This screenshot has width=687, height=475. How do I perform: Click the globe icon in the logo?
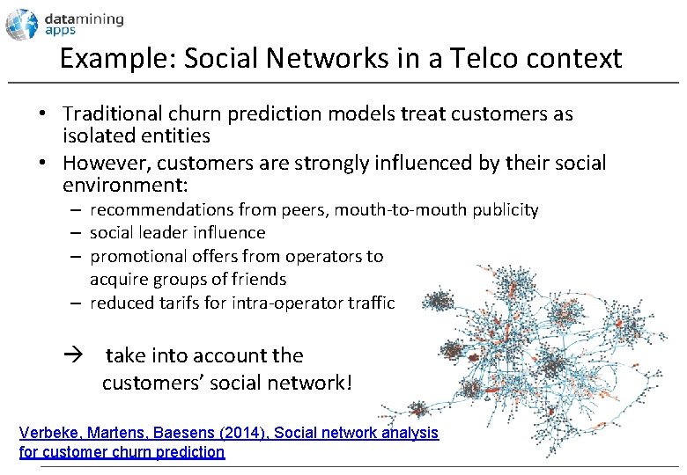click(x=22, y=24)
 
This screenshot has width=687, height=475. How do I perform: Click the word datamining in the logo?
click(x=85, y=18)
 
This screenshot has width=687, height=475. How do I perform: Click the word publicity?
click(x=506, y=210)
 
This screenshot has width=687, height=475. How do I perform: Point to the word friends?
click(x=261, y=280)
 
